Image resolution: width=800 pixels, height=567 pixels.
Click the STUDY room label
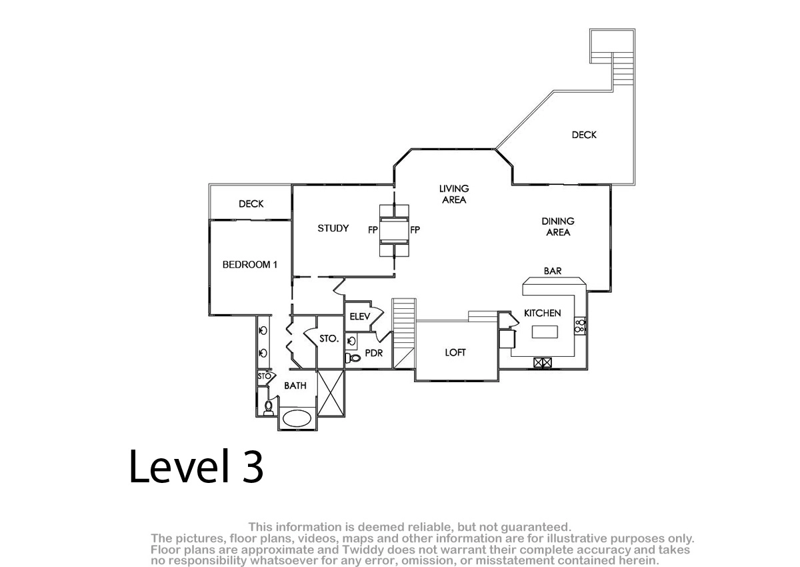tap(333, 228)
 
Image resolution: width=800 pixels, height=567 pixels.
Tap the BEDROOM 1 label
tap(249, 264)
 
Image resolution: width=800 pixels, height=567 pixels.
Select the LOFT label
tap(455, 352)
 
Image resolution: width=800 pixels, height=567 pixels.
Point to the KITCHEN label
tap(542, 313)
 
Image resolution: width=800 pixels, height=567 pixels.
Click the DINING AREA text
tap(558, 227)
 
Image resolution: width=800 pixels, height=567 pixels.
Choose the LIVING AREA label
tap(454, 194)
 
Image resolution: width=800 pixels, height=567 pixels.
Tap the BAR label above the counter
tap(553, 271)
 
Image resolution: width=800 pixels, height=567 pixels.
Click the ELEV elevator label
tap(359, 316)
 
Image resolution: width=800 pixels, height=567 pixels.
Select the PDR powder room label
tap(373, 353)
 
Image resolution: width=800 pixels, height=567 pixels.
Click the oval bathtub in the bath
tap(297, 418)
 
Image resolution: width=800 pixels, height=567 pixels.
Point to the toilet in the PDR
tap(353, 358)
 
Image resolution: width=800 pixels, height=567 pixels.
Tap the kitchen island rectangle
tap(545, 332)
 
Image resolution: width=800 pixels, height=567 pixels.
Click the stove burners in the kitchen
tap(579, 326)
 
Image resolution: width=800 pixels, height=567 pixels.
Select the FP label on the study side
tap(373, 230)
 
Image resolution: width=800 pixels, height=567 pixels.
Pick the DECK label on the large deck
tap(584, 135)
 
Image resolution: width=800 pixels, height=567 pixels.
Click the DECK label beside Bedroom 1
tap(251, 203)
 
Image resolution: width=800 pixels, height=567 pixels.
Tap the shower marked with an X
tap(331, 393)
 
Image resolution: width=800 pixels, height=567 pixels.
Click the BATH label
tap(295, 386)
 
